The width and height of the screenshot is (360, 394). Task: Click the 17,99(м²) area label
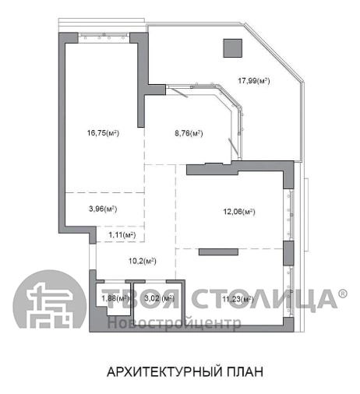(254, 81)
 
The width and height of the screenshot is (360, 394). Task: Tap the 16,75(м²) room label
(103, 133)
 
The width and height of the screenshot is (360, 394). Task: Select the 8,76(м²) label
(189, 133)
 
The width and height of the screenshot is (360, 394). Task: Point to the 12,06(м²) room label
(239, 212)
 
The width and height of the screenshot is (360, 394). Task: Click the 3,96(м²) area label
(103, 209)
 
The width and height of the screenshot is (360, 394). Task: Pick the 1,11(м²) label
(122, 235)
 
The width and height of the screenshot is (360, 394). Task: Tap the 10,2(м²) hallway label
(143, 261)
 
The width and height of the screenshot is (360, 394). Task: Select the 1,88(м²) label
(115, 298)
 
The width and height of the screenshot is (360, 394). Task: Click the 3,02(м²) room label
(159, 298)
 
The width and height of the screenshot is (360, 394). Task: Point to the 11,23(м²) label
(238, 299)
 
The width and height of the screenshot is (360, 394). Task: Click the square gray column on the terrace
(233, 48)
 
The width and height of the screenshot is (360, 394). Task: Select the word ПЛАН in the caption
(245, 371)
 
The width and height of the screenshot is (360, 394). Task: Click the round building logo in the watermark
(49, 299)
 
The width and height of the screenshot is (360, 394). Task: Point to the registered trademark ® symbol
(343, 293)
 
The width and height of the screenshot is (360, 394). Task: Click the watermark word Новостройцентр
(175, 323)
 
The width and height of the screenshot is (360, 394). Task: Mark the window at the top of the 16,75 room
(104, 36)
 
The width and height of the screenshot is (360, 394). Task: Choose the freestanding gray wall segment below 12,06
(218, 252)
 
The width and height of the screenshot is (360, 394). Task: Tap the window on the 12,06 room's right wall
(291, 215)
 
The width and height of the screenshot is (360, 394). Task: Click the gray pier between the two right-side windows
(288, 253)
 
